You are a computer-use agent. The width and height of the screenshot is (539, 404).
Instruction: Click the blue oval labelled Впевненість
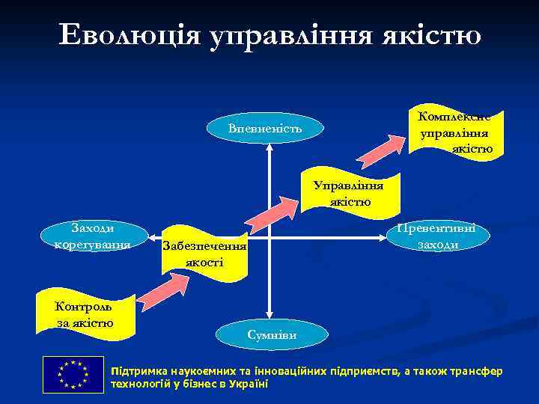(x=266, y=129)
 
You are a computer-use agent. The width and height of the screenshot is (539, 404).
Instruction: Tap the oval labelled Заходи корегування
(x=93, y=236)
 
